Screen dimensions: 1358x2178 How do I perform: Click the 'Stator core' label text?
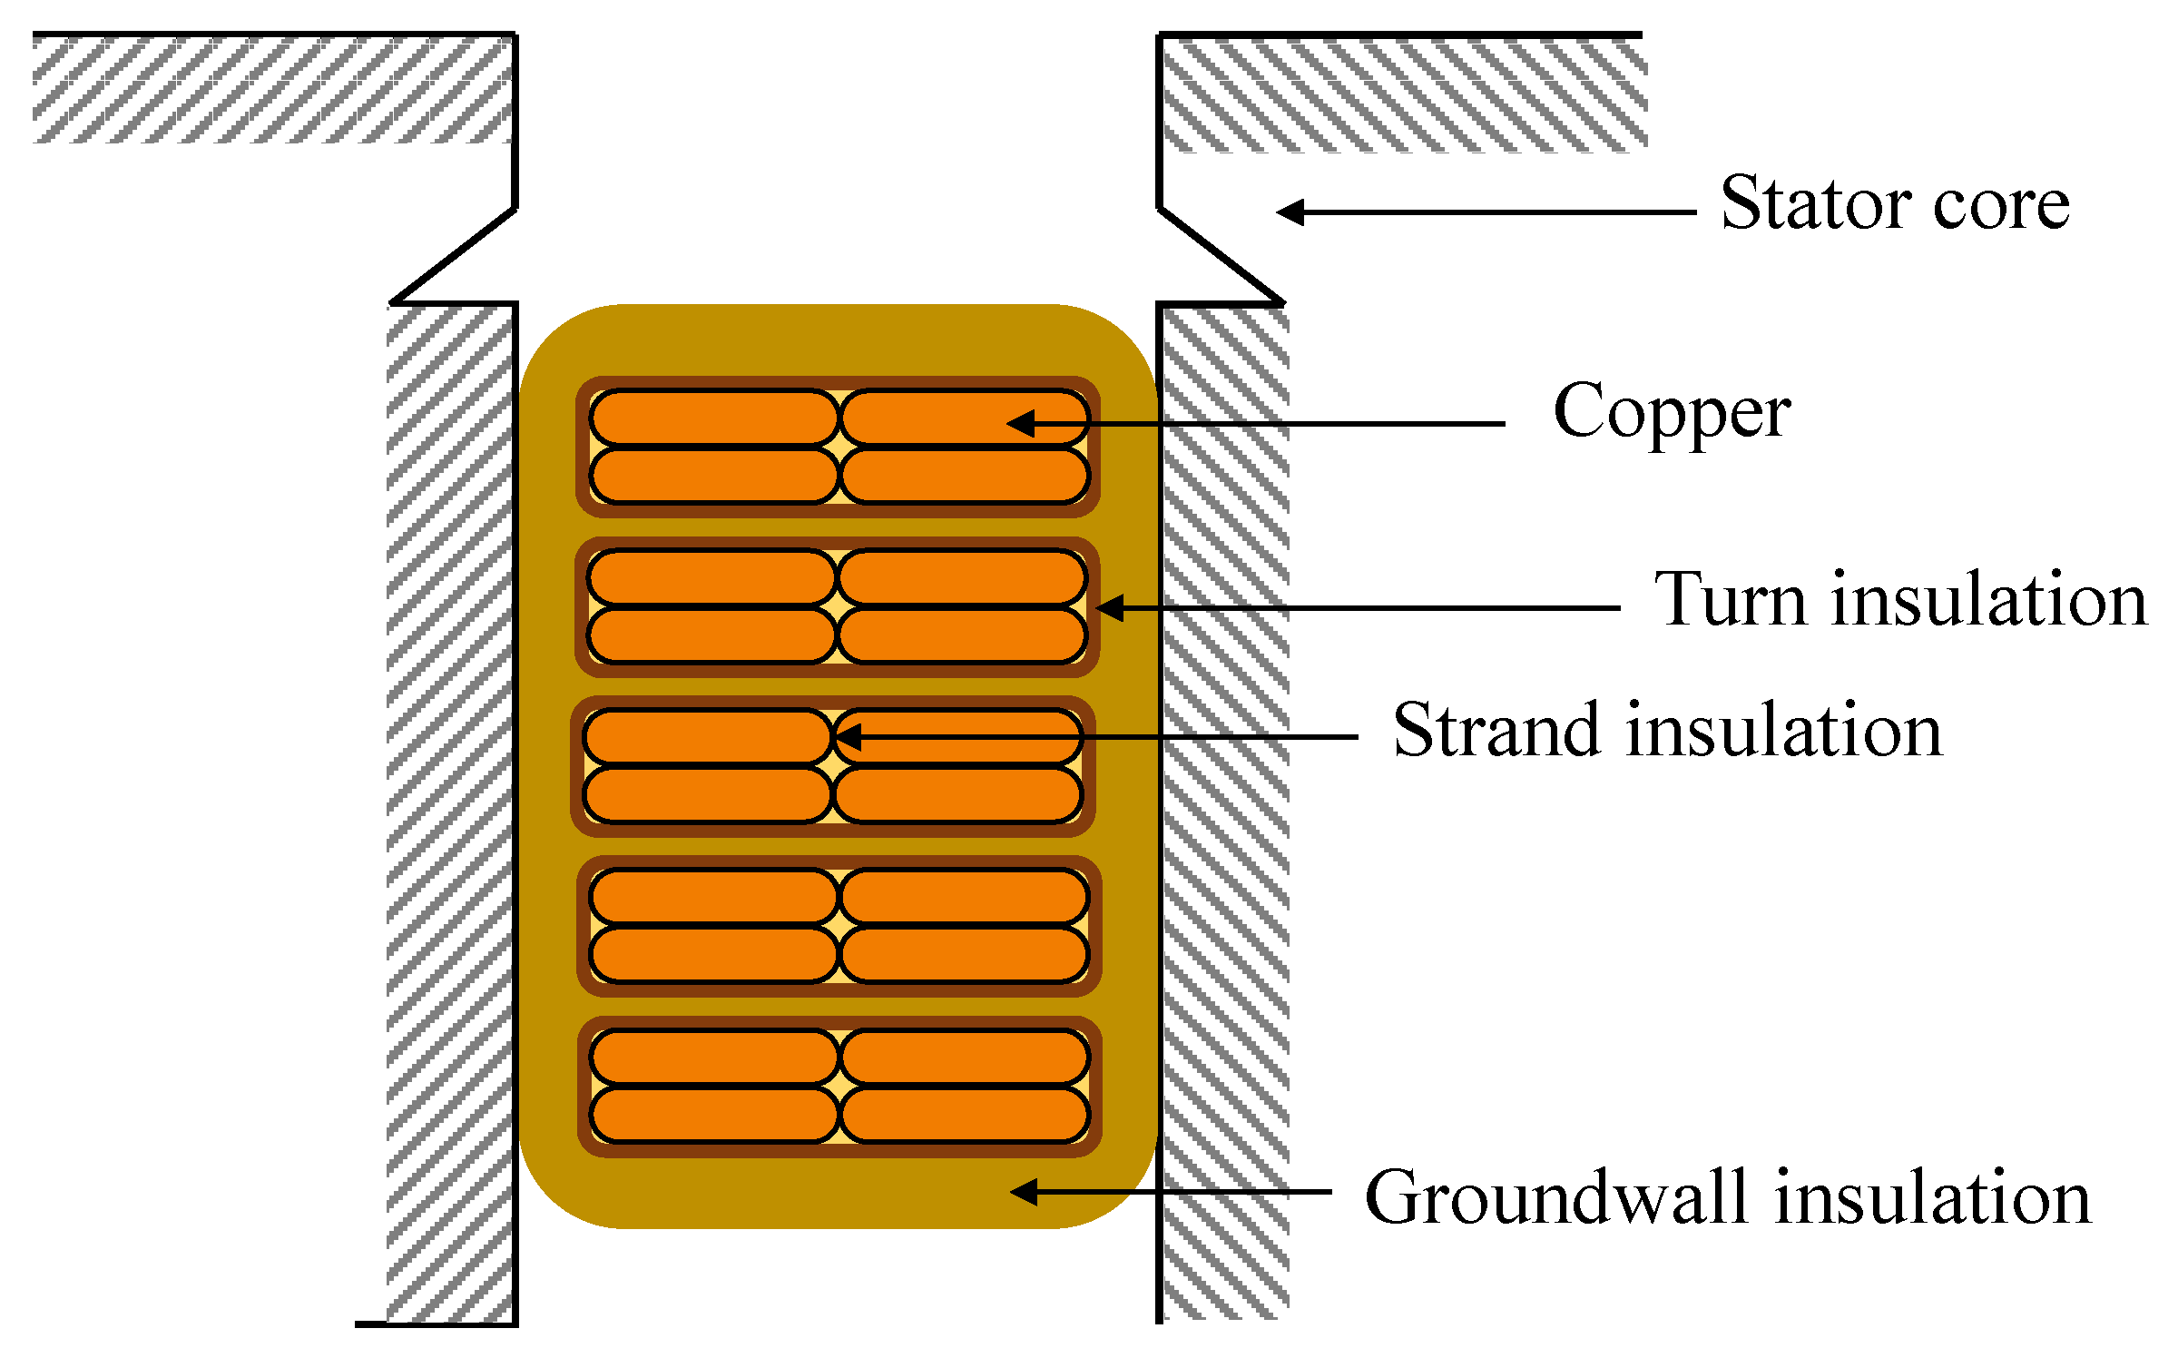pos(1895,203)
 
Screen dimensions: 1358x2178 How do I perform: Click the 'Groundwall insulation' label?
pos(1728,1198)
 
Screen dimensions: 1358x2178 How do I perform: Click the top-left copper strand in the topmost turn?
pos(713,418)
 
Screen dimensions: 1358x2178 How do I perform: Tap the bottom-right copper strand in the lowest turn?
pos(965,1115)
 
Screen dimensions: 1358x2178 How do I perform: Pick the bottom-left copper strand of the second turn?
pos(711,636)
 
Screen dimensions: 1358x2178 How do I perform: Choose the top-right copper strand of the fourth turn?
pos(965,897)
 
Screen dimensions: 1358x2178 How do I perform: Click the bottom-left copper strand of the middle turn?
pos(707,795)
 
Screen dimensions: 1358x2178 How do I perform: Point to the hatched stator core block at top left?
pos(272,89)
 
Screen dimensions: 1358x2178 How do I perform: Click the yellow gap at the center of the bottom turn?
pos(839,1086)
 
